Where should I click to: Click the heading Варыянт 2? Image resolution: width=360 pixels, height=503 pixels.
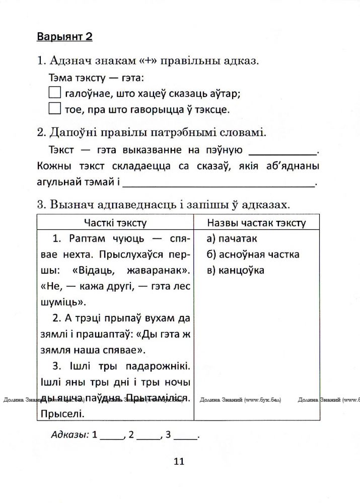tap(65, 37)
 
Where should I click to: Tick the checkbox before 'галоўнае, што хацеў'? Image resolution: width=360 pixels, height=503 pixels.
tap(54, 93)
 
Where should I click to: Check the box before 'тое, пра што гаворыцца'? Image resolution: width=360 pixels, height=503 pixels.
tap(54, 109)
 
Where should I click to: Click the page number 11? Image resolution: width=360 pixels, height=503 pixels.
tap(179, 462)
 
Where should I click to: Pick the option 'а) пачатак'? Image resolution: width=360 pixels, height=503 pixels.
tap(232, 238)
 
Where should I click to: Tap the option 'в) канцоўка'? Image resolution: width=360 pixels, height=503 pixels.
tap(235, 270)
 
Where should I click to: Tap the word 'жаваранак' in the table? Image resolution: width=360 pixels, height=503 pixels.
tap(154, 270)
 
